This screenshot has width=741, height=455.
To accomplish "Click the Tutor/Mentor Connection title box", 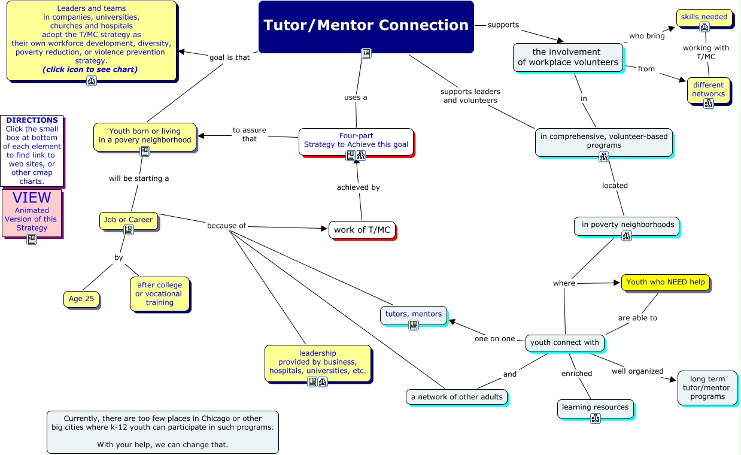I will pyautogui.click(x=366, y=26).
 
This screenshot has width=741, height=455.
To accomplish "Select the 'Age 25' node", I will pyautogui.click(x=81, y=299).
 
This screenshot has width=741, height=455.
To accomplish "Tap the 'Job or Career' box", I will pyautogui.click(x=128, y=220).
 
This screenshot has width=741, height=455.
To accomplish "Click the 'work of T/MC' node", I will pyautogui.click(x=362, y=230).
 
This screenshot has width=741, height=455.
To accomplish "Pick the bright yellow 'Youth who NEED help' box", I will pyautogui.click(x=666, y=282).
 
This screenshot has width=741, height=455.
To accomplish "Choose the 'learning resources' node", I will pyautogui.click(x=595, y=408).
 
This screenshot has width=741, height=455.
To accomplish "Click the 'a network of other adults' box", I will pyautogui.click(x=457, y=397).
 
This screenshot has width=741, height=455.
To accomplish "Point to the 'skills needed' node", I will pyautogui.click(x=704, y=17).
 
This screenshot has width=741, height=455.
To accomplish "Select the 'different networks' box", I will pyautogui.click(x=708, y=90).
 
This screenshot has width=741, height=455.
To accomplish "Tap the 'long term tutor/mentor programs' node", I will pyautogui.click(x=707, y=387).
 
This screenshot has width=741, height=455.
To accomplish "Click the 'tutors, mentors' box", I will pyautogui.click(x=413, y=314).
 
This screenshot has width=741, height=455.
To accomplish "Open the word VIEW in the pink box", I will pyautogui.click(x=32, y=198).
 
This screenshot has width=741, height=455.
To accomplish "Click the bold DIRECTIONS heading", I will pyautogui.click(x=32, y=120).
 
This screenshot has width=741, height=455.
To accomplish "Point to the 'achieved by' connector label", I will pyautogui.click(x=358, y=187).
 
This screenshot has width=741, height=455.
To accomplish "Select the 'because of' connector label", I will pyautogui.click(x=226, y=226).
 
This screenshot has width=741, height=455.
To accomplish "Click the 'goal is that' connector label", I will pyautogui.click(x=230, y=57).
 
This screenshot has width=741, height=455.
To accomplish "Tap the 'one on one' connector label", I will pyautogui.click(x=494, y=339).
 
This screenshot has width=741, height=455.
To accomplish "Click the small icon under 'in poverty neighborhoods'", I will pyautogui.click(x=627, y=236).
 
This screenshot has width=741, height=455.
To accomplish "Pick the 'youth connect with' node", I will pyautogui.click(x=564, y=343).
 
